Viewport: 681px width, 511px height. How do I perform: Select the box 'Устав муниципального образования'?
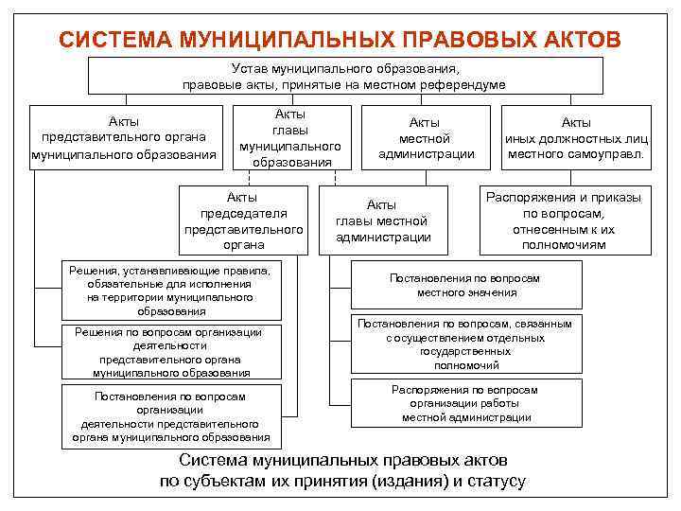point(344,76)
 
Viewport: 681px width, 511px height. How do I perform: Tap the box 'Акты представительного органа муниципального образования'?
point(124,137)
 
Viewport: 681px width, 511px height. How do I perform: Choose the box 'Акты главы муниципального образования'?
point(290,137)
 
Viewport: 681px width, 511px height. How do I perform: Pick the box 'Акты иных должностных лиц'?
point(576,137)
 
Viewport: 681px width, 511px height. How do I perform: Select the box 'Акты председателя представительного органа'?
point(243,220)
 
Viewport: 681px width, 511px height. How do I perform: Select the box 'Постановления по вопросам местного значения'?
point(465,285)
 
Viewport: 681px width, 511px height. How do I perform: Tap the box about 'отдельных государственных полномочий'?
point(465,344)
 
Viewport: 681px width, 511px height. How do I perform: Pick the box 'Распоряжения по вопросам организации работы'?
point(465,403)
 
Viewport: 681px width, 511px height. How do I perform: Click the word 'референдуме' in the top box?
point(465,84)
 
